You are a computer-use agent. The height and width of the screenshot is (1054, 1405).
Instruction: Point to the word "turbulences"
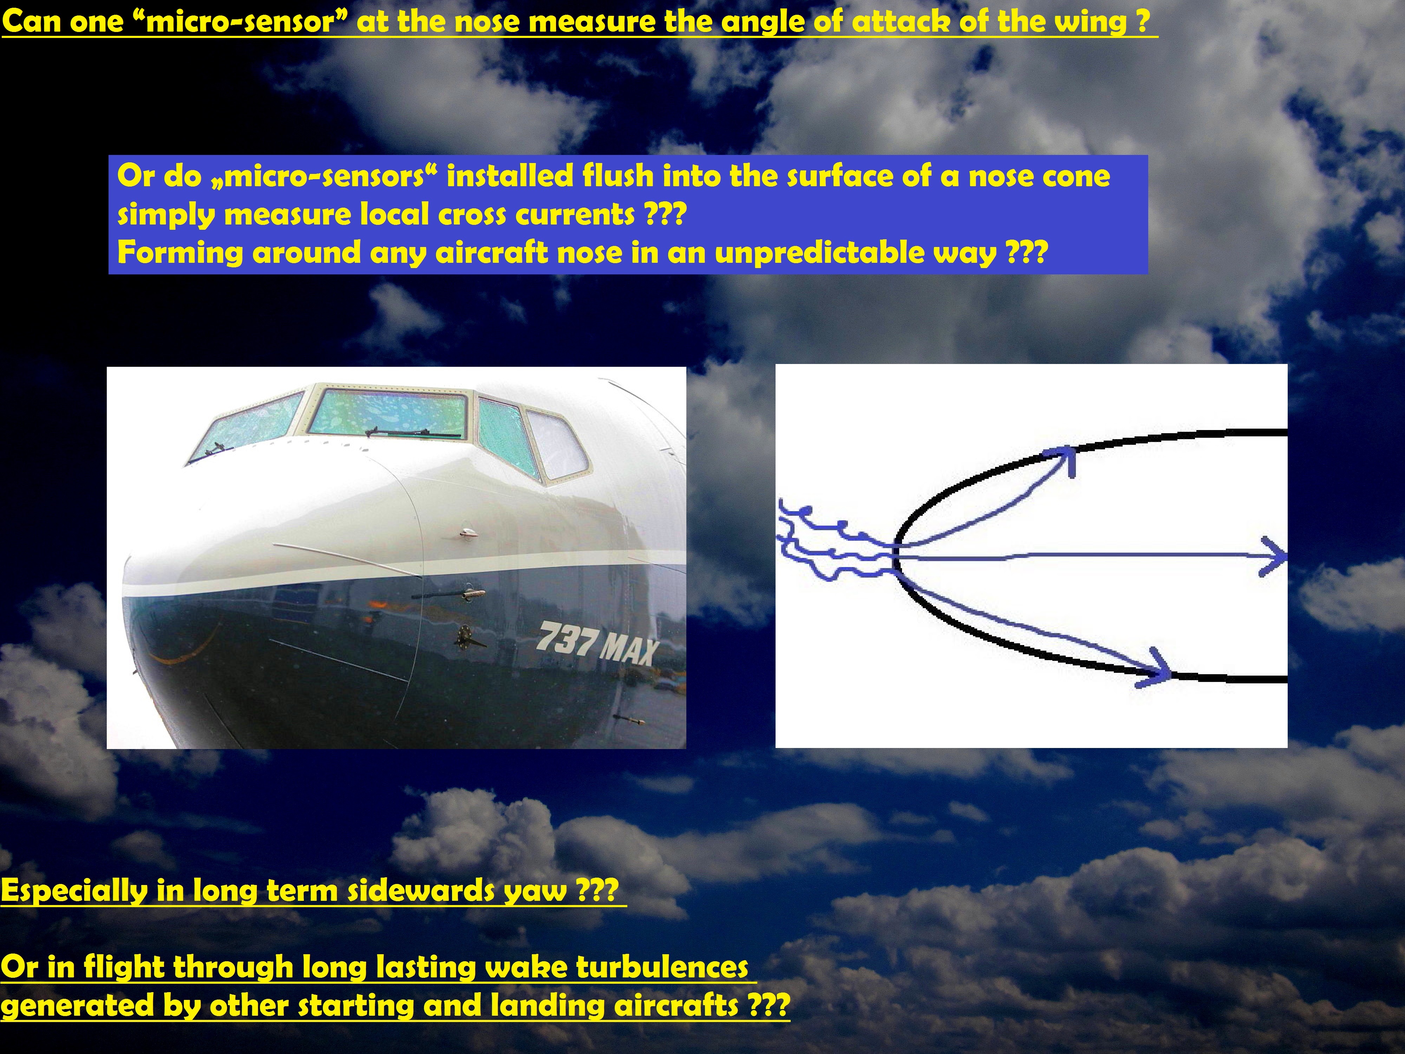[662, 967]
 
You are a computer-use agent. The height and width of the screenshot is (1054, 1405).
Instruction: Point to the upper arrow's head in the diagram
[1061, 459]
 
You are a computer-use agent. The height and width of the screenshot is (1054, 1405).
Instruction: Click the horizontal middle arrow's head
[1274, 557]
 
